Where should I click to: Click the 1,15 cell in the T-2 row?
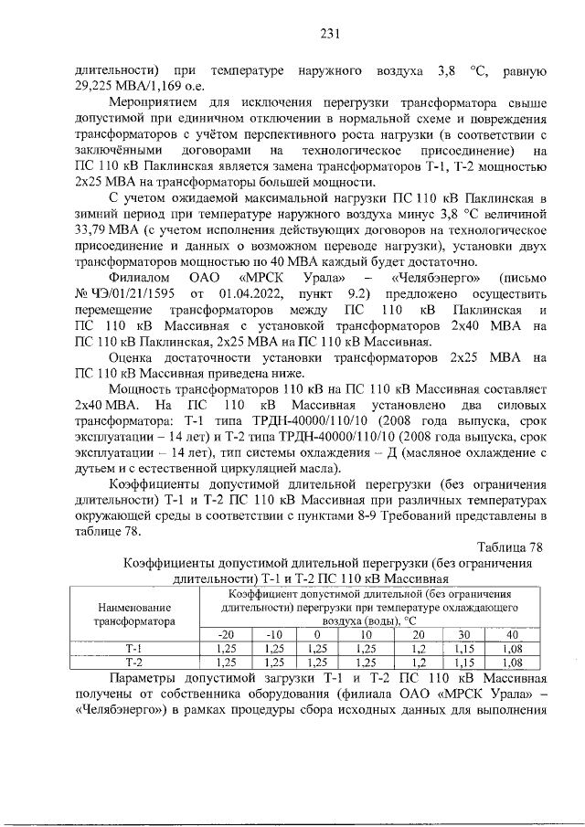[465, 663]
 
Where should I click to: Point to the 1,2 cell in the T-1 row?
[420, 650]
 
